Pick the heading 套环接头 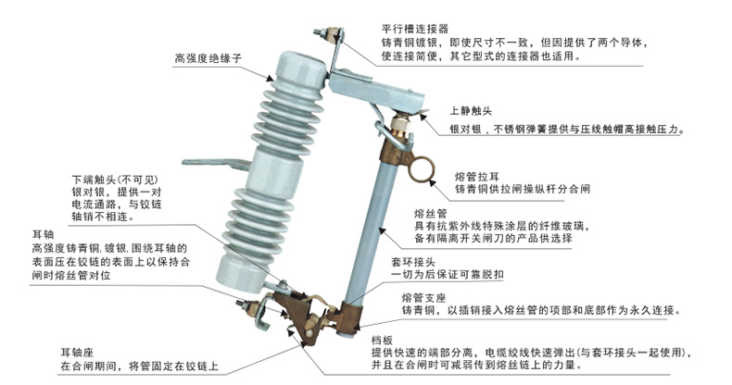(413, 262)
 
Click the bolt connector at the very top (327, 39)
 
